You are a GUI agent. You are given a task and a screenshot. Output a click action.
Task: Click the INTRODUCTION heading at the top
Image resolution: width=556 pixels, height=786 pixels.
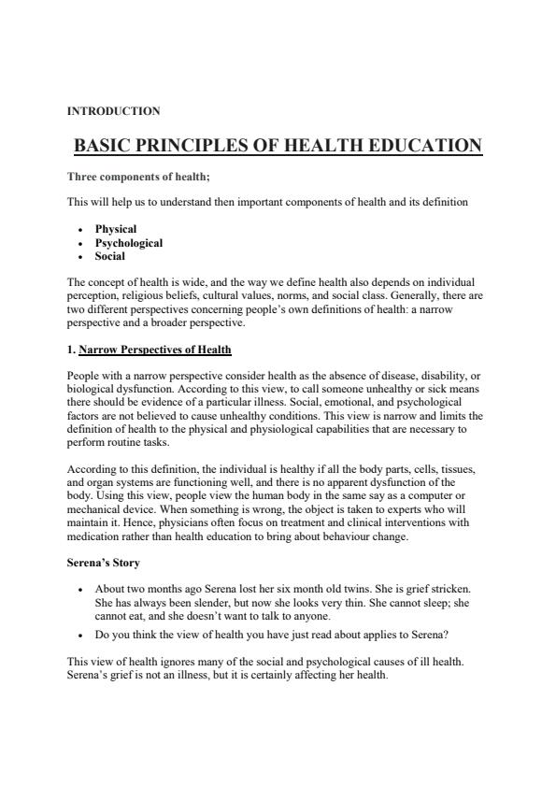[x=113, y=111]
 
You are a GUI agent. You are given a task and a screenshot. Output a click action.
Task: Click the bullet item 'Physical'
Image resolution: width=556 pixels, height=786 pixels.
[x=116, y=229]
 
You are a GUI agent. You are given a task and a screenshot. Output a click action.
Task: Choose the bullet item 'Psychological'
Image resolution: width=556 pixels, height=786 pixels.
[x=129, y=243]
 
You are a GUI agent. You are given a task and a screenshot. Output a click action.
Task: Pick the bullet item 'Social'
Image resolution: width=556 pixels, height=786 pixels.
[x=110, y=256]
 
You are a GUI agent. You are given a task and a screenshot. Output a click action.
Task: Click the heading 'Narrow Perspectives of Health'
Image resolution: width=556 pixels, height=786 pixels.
[x=155, y=350]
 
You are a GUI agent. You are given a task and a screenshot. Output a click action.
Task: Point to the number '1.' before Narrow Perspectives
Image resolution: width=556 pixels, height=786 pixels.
[x=72, y=350]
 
